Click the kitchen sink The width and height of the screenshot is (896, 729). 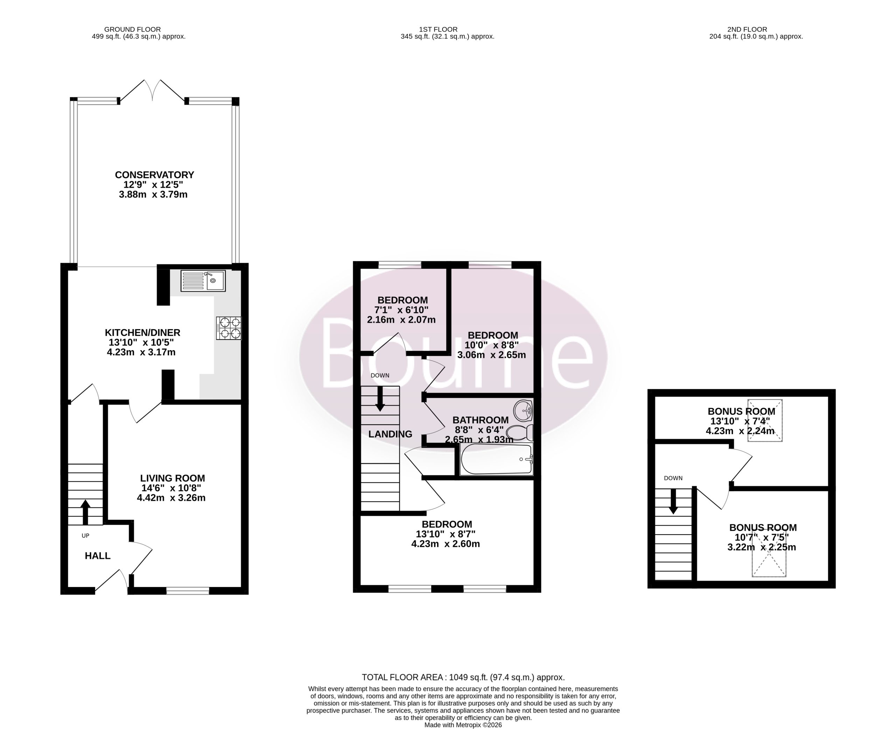(203, 281)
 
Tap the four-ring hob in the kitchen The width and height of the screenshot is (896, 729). (229, 328)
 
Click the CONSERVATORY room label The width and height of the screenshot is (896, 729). (155, 175)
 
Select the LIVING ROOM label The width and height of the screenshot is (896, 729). (173, 478)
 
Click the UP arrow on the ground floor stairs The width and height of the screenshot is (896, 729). (86, 512)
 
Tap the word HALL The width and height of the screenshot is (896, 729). (97, 556)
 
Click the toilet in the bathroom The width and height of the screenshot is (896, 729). (520, 432)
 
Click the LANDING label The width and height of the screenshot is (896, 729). (390, 434)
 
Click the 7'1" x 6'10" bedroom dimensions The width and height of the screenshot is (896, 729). (401, 310)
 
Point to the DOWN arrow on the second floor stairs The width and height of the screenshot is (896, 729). (673, 501)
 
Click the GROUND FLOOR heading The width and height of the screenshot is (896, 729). (132, 29)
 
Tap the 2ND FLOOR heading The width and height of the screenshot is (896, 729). (747, 29)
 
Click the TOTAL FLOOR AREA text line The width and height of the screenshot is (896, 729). (463, 677)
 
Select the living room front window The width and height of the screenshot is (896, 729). (188, 591)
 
